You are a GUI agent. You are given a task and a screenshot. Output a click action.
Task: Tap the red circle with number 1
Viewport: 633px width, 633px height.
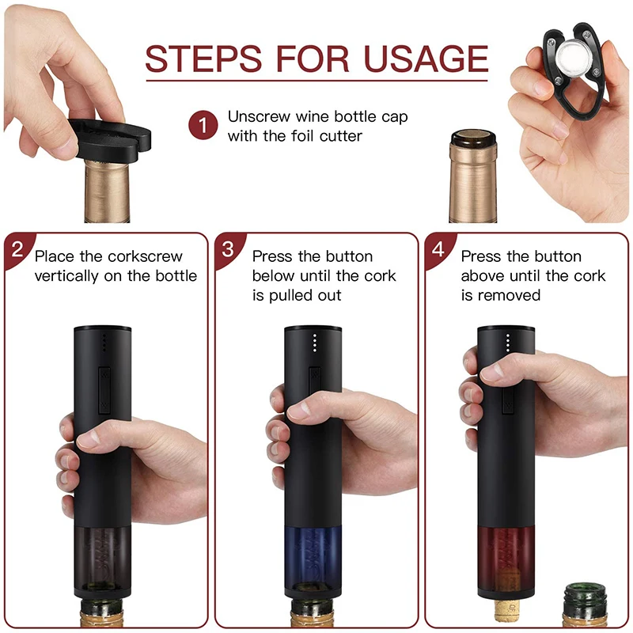pos(203,126)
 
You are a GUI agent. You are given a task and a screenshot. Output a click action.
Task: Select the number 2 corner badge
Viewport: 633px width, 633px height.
pos(17,248)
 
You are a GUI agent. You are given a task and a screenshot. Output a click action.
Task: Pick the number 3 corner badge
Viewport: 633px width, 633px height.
pos(227,248)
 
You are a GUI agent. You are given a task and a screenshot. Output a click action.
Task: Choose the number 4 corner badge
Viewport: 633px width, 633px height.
pos(438,248)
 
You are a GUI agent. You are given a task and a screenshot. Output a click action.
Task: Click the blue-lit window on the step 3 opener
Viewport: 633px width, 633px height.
pos(315,549)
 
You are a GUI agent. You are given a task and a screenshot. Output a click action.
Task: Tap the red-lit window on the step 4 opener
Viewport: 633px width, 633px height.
pos(508,549)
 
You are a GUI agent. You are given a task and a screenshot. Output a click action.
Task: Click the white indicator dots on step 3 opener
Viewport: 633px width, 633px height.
pos(314,343)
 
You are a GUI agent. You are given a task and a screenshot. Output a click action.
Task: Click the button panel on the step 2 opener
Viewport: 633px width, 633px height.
pos(104,390)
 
